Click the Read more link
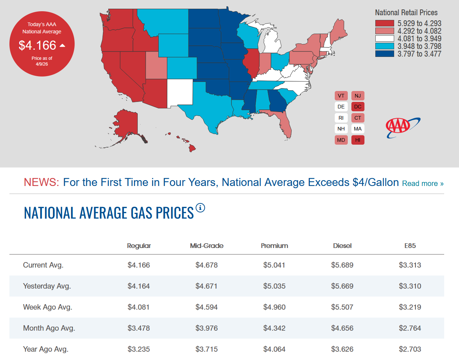(x=422, y=183)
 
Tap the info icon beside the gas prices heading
(x=200, y=208)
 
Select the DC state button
(x=358, y=107)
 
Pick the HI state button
(x=358, y=140)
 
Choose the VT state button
(x=341, y=96)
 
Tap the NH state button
(x=341, y=129)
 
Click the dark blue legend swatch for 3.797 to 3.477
(x=384, y=54)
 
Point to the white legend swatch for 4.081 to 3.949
(x=384, y=38)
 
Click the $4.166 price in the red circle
(x=38, y=45)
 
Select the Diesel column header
(x=342, y=246)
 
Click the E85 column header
(x=410, y=246)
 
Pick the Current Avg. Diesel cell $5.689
(x=342, y=265)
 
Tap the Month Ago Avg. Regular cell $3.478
(x=138, y=328)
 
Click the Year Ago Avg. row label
(x=46, y=349)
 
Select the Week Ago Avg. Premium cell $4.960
(x=274, y=307)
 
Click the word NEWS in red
(x=41, y=182)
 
